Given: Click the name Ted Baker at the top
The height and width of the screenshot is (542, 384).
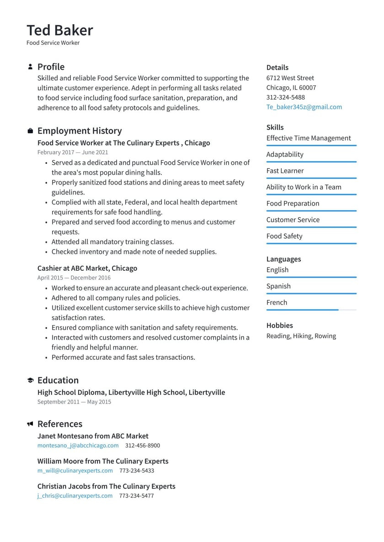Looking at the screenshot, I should pos(60,30).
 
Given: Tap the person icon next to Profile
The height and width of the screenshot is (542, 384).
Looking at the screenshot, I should pos(30,67).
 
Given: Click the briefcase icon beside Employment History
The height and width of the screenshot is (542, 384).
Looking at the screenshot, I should pos(30,131).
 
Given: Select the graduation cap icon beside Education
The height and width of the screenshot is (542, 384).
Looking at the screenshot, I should pos(30,380).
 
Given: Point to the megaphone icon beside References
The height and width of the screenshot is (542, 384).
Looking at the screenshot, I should pos(30,424).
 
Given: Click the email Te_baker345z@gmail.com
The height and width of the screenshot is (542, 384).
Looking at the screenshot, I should pos(304,107).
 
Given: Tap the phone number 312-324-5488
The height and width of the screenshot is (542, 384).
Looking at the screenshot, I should pos(285,97).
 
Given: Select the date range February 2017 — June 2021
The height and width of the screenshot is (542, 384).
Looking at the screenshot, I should pos(73,153).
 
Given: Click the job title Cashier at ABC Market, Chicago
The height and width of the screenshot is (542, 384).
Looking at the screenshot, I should pos(87,268).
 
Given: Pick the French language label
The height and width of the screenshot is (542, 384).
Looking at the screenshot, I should pos(277,302).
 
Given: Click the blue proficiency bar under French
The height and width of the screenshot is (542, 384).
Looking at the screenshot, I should pos(302,310).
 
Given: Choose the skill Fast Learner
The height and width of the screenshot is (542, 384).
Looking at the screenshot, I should pos(285,171).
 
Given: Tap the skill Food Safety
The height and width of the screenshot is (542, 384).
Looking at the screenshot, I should pos(284,236).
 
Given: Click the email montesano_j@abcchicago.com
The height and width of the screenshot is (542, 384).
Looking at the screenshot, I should pos(78,445).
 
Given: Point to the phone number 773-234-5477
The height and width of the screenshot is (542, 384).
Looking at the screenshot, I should pos(136,495).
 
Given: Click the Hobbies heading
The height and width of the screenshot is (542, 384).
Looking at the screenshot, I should pos(279,326).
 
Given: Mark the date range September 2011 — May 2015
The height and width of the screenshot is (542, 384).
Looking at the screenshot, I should pos(74,402).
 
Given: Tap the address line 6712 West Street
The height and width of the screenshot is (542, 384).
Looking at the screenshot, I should pos(290,78).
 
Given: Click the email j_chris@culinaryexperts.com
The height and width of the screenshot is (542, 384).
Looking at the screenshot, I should pos(75,495).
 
